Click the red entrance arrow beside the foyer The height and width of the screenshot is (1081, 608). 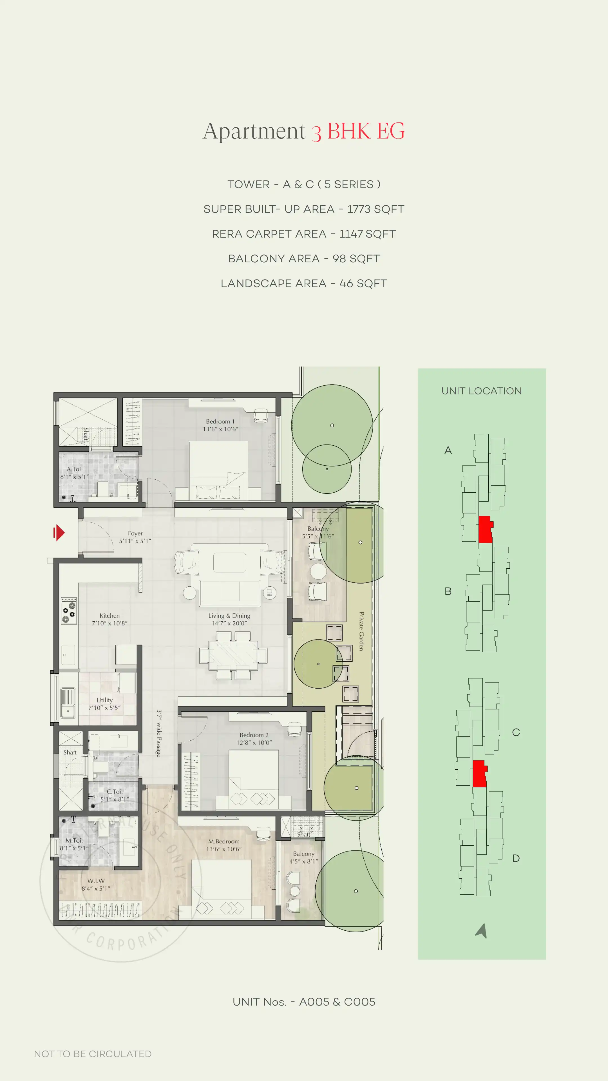[59, 533]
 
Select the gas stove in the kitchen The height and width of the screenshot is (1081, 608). [69, 611]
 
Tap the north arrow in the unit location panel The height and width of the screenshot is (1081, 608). [482, 930]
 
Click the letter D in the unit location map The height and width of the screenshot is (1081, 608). [516, 858]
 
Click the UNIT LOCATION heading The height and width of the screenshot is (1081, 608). [481, 391]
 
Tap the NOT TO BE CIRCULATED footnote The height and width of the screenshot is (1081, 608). [93, 1054]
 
